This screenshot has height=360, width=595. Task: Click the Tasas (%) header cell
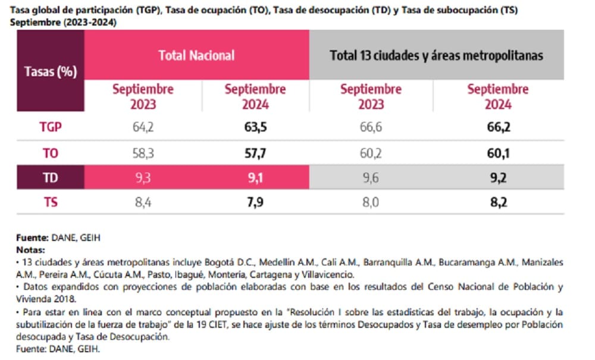pos(51,72)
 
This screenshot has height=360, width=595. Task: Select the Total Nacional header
pos(196,55)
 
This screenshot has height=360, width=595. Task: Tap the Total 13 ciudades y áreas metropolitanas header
pos(436,55)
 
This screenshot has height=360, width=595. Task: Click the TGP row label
pos(51,127)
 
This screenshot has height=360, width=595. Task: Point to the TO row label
pos(51,153)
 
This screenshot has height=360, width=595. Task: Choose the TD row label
pos(51,177)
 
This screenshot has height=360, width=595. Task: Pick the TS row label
pos(51,202)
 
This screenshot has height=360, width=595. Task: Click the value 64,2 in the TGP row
pos(143,127)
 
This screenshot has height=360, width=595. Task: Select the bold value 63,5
pos(255,127)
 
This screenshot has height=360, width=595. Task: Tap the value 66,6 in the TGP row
pos(371,127)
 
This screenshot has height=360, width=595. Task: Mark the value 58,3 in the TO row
pos(143,153)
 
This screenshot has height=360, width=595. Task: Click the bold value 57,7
pos(255,153)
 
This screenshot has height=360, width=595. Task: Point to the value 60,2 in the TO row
pos(371,153)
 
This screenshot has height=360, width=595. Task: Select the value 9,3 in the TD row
pos(143,177)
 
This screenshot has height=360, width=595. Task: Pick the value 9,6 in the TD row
pos(371,177)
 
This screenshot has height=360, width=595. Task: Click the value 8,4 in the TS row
pos(143,202)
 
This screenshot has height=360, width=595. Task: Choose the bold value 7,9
pos(255,202)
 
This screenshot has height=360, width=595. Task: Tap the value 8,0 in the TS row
pos(371,202)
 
